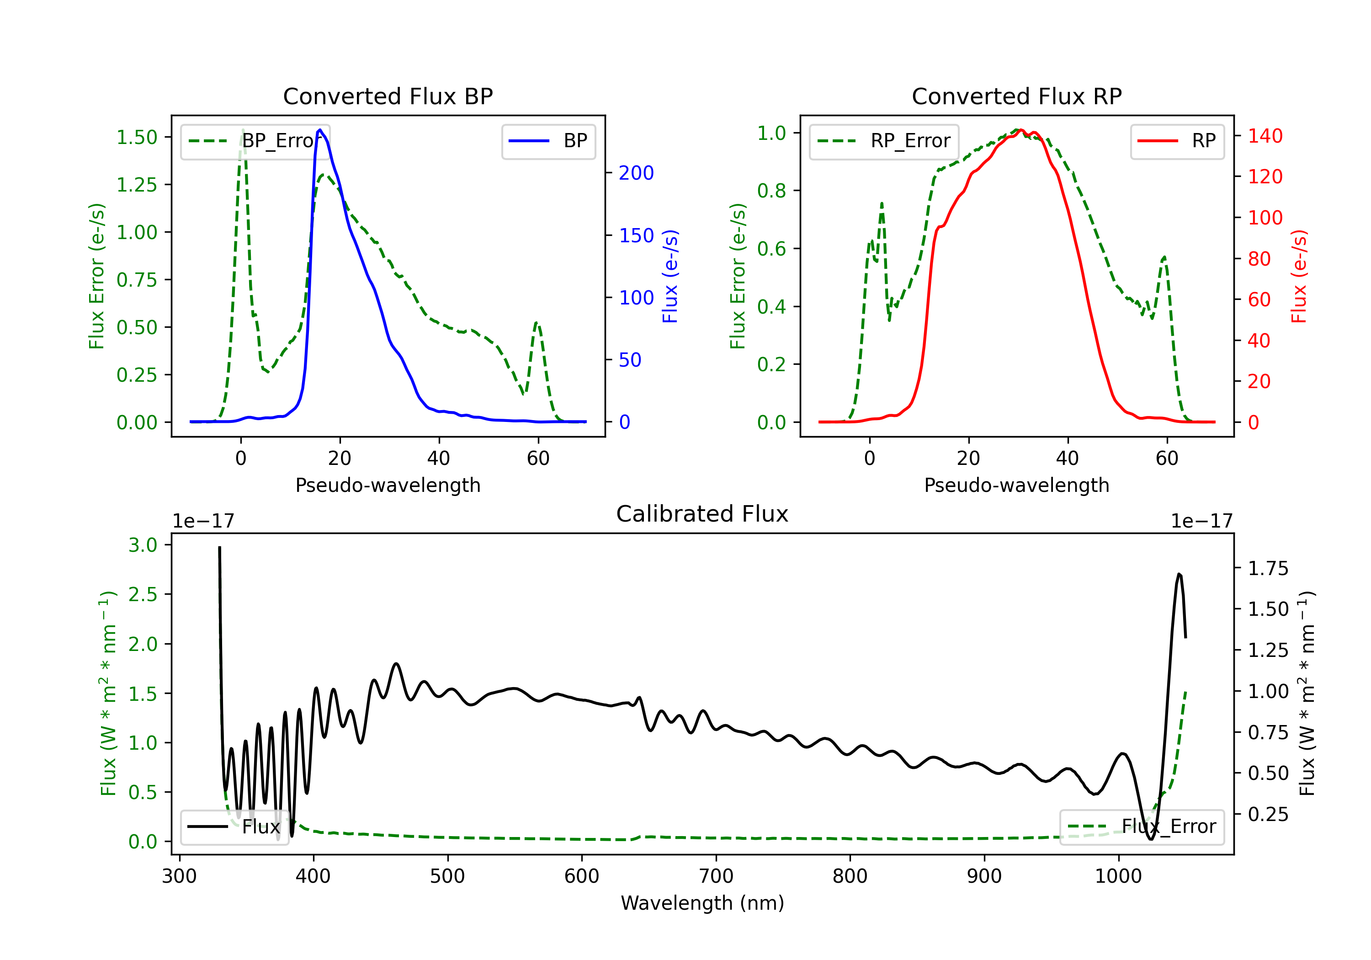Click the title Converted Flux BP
(388, 96)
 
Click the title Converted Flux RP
(1016, 96)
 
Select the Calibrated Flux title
(702, 514)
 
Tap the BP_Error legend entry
(255, 141)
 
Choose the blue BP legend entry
(548, 141)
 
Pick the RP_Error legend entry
(884, 141)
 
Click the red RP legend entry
(1177, 141)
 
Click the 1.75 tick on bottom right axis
(1268, 568)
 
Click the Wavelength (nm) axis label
(702, 903)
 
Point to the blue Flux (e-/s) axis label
(670, 276)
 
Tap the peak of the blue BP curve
(320, 130)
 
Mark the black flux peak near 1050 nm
(1179, 574)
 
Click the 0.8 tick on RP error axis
(771, 191)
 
